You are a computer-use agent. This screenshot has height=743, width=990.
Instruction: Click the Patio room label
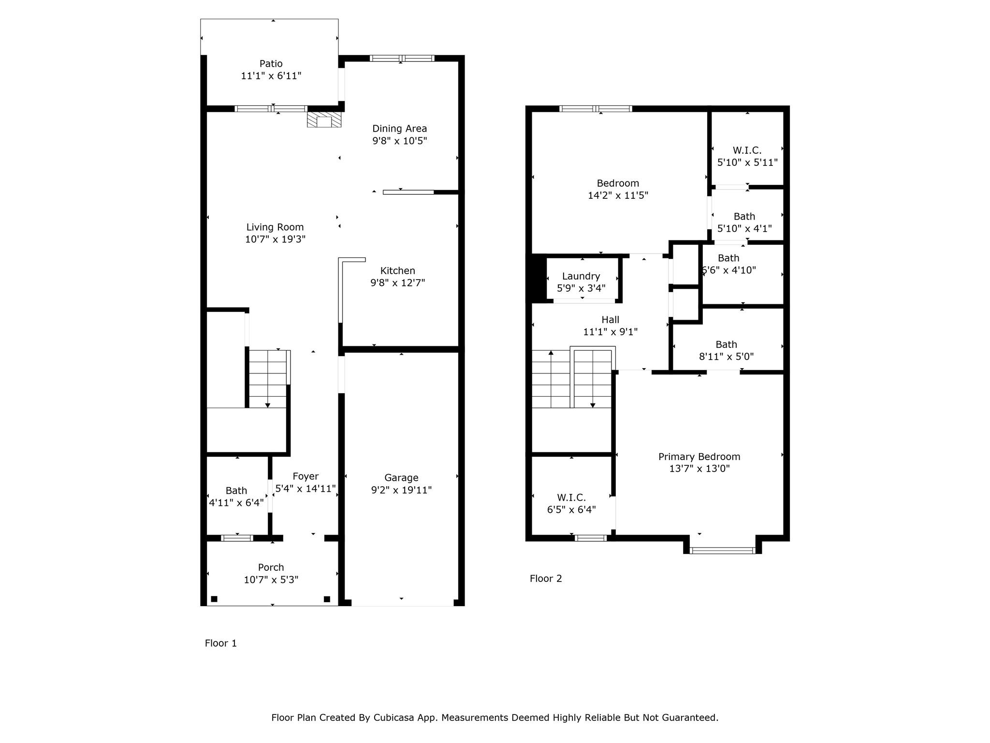click(x=271, y=63)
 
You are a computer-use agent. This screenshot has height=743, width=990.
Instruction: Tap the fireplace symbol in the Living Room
click(x=324, y=120)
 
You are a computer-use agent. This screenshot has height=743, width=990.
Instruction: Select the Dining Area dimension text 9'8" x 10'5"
click(x=399, y=141)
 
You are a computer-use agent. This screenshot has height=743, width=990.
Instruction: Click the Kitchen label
click(x=397, y=270)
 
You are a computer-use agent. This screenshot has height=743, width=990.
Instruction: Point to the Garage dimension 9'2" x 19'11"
click(x=401, y=490)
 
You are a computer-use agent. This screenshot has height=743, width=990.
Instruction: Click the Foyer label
click(x=306, y=476)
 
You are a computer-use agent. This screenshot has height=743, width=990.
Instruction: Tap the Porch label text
click(x=271, y=567)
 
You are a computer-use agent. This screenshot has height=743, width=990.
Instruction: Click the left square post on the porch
click(x=214, y=599)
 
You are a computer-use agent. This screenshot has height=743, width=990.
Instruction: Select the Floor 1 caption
click(x=220, y=643)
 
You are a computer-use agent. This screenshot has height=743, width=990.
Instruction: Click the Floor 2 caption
click(x=546, y=578)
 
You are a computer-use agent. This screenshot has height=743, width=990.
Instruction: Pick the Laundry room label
click(x=581, y=276)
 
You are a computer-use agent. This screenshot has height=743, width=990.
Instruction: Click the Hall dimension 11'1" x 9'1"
click(x=610, y=332)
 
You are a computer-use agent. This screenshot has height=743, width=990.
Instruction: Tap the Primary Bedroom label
click(x=699, y=456)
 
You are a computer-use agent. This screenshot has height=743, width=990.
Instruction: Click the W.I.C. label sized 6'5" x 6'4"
click(x=571, y=497)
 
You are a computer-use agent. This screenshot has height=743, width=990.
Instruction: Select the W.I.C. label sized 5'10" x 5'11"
click(x=747, y=150)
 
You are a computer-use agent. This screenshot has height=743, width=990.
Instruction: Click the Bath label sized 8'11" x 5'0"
click(x=726, y=344)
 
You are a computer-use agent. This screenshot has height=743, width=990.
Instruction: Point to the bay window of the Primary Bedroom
click(x=722, y=550)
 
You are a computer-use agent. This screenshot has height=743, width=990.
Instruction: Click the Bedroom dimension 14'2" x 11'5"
click(x=618, y=195)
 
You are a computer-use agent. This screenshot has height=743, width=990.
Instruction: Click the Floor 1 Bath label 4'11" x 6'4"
click(x=236, y=490)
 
